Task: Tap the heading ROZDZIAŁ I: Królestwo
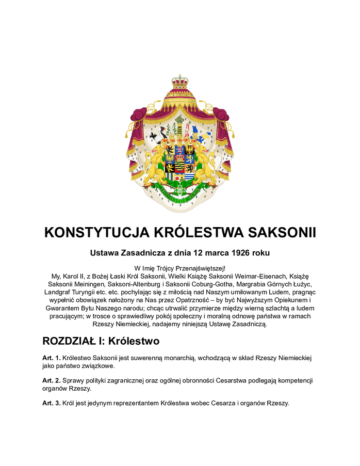click(x=101, y=341)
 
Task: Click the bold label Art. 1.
click(x=52, y=358)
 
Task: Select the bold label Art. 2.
click(x=52, y=380)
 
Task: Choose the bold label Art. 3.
click(x=52, y=403)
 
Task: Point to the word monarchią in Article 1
click(x=183, y=358)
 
